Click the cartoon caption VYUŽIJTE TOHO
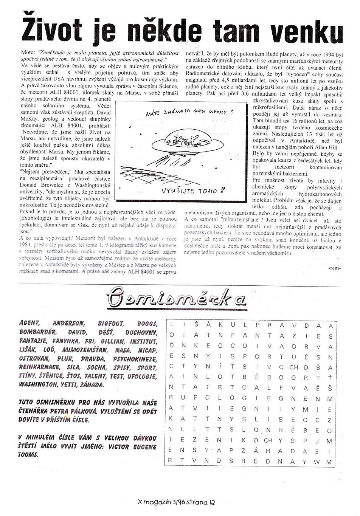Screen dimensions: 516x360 pos(194,190)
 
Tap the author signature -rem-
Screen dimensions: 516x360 pos(335,268)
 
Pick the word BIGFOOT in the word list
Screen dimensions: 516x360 pos(111,324)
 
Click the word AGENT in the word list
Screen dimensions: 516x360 pos(29,324)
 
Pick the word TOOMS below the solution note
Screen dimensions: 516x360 pos(28,455)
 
